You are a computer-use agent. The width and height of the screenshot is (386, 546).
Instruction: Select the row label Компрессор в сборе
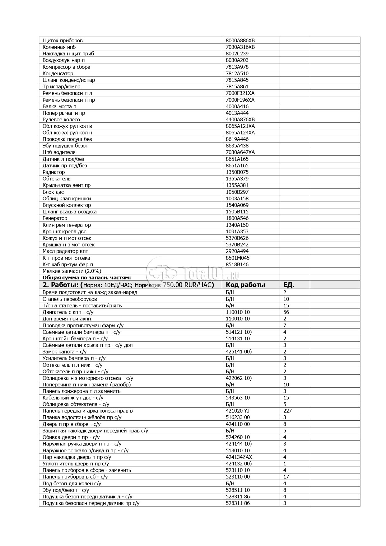[x=66, y=67]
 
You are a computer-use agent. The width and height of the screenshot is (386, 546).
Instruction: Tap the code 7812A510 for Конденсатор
[x=237, y=73]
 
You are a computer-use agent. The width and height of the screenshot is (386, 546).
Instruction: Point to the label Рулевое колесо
[x=61, y=119]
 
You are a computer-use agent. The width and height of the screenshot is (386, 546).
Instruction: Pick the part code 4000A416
[x=237, y=106]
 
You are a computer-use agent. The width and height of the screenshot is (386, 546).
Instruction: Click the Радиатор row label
[x=54, y=172]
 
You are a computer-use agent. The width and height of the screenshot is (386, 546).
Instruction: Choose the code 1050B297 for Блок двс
[x=237, y=192]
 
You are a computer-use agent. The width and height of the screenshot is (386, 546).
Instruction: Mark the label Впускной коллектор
[x=67, y=205]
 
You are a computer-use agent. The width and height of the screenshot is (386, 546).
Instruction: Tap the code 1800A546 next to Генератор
[x=237, y=218]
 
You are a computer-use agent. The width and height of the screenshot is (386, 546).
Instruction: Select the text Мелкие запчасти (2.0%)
[x=72, y=271]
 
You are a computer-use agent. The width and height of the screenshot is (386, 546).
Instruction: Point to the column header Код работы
[x=245, y=285]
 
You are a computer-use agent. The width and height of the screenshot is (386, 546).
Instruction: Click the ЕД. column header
[x=289, y=285]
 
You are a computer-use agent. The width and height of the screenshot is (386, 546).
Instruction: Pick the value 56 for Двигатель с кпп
[x=286, y=312]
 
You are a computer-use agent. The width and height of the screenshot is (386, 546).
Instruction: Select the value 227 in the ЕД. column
[x=287, y=411]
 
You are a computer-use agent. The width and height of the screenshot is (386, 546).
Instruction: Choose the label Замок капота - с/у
[x=64, y=352]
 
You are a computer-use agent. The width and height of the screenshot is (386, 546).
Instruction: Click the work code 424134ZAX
[x=239, y=457]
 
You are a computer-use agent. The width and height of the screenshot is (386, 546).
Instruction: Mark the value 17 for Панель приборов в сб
[x=286, y=477]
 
